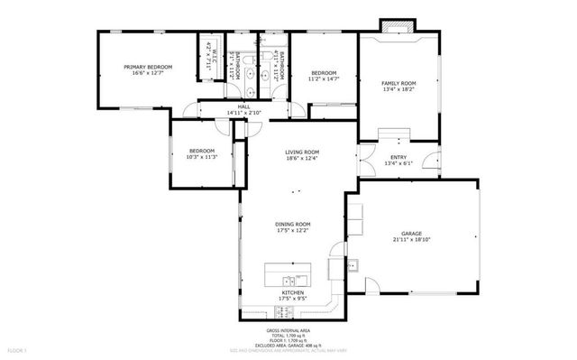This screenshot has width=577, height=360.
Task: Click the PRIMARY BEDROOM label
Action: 148,67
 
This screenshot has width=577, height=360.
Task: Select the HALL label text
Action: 243,106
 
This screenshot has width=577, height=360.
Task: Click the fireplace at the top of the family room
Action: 394,28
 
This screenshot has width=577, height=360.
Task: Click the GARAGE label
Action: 412,233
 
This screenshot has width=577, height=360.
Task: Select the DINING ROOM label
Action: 293,224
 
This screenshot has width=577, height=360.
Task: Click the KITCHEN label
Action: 293,294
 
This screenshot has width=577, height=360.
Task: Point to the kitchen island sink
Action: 290,279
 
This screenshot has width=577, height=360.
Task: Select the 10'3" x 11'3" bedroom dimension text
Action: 202,157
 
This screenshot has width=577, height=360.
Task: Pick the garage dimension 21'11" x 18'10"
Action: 412,240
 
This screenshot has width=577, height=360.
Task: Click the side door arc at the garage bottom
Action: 371,287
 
